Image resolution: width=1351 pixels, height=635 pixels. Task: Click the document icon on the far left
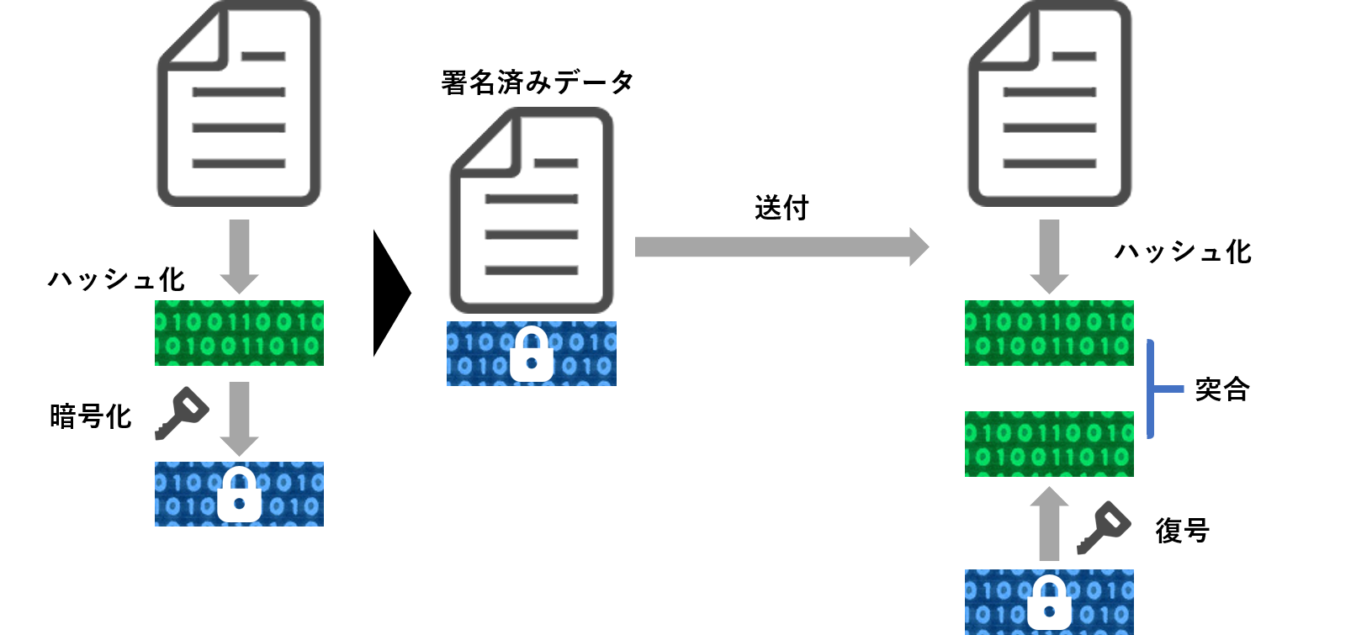pos(239,104)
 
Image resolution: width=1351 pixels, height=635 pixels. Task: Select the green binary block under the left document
pos(239,333)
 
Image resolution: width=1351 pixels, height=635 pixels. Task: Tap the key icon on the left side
pos(182,413)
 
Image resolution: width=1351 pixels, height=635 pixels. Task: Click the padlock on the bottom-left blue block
pos(239,495)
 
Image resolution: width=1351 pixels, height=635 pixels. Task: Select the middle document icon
pos(532,210)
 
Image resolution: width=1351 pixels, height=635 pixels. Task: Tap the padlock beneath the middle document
pos(532,355)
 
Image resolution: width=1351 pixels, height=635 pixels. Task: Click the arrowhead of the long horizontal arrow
pos(919,246)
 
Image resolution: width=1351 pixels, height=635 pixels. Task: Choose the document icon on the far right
pos(1050,104)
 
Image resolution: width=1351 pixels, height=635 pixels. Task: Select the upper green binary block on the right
pos(1049,333)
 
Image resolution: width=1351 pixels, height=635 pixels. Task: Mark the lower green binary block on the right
pos(1049,444)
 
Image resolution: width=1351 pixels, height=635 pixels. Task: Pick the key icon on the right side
pos(1104,527)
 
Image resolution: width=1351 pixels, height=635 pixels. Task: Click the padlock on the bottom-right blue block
pos(1049,603)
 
